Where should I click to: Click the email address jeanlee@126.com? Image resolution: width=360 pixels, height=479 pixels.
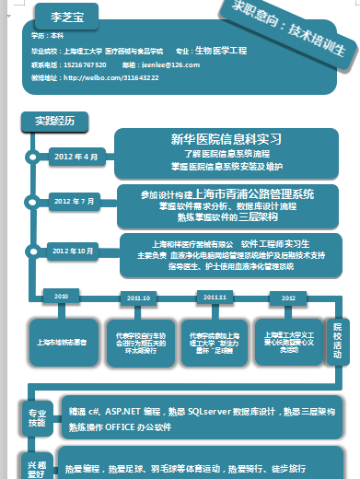point(170,65)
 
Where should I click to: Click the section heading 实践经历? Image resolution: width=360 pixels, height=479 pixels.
point(54,121)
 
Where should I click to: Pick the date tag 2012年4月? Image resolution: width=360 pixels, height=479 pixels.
point(76,157)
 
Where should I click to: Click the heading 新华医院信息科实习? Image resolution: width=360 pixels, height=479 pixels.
point(226,138)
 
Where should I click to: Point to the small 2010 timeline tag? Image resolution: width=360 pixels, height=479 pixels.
point(62,297)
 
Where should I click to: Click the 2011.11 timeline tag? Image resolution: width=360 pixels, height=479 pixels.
point(214,297)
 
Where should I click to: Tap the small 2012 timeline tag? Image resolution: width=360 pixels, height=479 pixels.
point(288,298)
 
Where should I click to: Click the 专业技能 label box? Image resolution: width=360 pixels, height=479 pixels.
point(37,417)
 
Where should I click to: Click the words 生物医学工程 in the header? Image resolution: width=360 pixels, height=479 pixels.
point(222,51)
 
